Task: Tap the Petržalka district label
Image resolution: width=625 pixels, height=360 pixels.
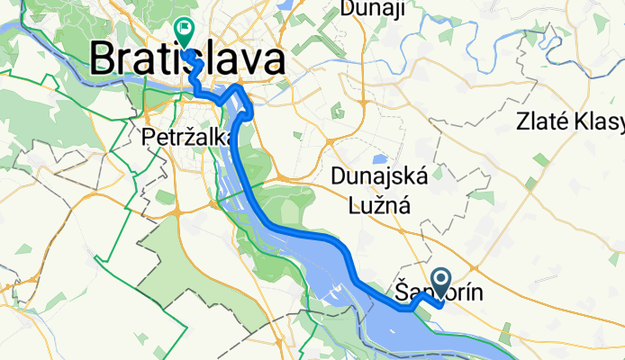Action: (189, 137)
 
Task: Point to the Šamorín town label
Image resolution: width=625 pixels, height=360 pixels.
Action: (434, 292)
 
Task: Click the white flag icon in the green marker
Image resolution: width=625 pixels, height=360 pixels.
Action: (184, 30)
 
